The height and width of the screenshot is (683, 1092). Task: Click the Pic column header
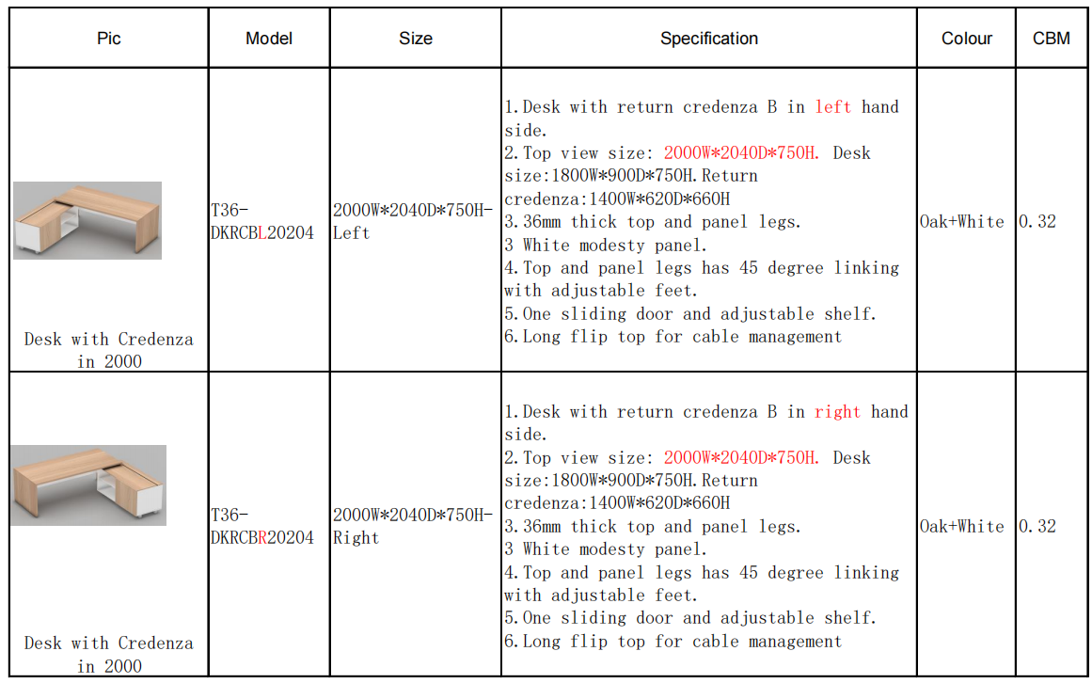pyautogui.click(x=109, y=39)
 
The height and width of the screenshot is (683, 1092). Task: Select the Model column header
pyautogui.click(x=269, y=39)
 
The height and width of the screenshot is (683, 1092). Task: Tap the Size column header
pyautogui.click(x=416, y=39)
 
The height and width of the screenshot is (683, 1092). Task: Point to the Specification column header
pyautogui.click(x=709, y=39)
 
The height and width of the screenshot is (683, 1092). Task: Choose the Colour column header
pyautogui.click(x=967, y=39)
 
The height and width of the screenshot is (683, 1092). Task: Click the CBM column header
pyautogui.click(x=1051, y=39)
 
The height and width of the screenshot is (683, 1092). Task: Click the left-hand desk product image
pyautogui.click(x=87, y=221)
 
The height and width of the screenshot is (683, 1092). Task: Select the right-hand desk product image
pyautogui.click(x=88, y=485)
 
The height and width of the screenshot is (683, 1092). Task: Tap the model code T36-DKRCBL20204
pyautogui.click(x=261, y=221)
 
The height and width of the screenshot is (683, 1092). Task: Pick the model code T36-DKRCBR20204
pyautogui.click(x=261, y=526)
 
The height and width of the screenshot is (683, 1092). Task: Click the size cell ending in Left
pyautogui.click(x=412, y=221)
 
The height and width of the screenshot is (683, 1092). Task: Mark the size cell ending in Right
pyautogui.click(x=412, y=526)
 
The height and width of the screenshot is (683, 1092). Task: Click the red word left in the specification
pyautogui.click(x=833, y=106)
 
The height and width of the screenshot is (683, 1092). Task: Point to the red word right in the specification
pyautogui.click(x=837, y=411)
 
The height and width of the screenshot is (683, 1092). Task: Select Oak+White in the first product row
pyautogui.click(x=962, y=221)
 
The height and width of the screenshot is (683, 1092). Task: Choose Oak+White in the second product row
pyautogui.click(x=962, y=526)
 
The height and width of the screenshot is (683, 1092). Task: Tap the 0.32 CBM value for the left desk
pyautogui.click(x=1037, y=221)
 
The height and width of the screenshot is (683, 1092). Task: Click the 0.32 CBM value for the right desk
pyautogui.click(x=1037, y=526)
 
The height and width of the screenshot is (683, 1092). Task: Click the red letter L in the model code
pyautogui.click(x=262, y=233)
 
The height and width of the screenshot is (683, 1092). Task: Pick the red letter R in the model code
pyautogui.click(x=262, y=538)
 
